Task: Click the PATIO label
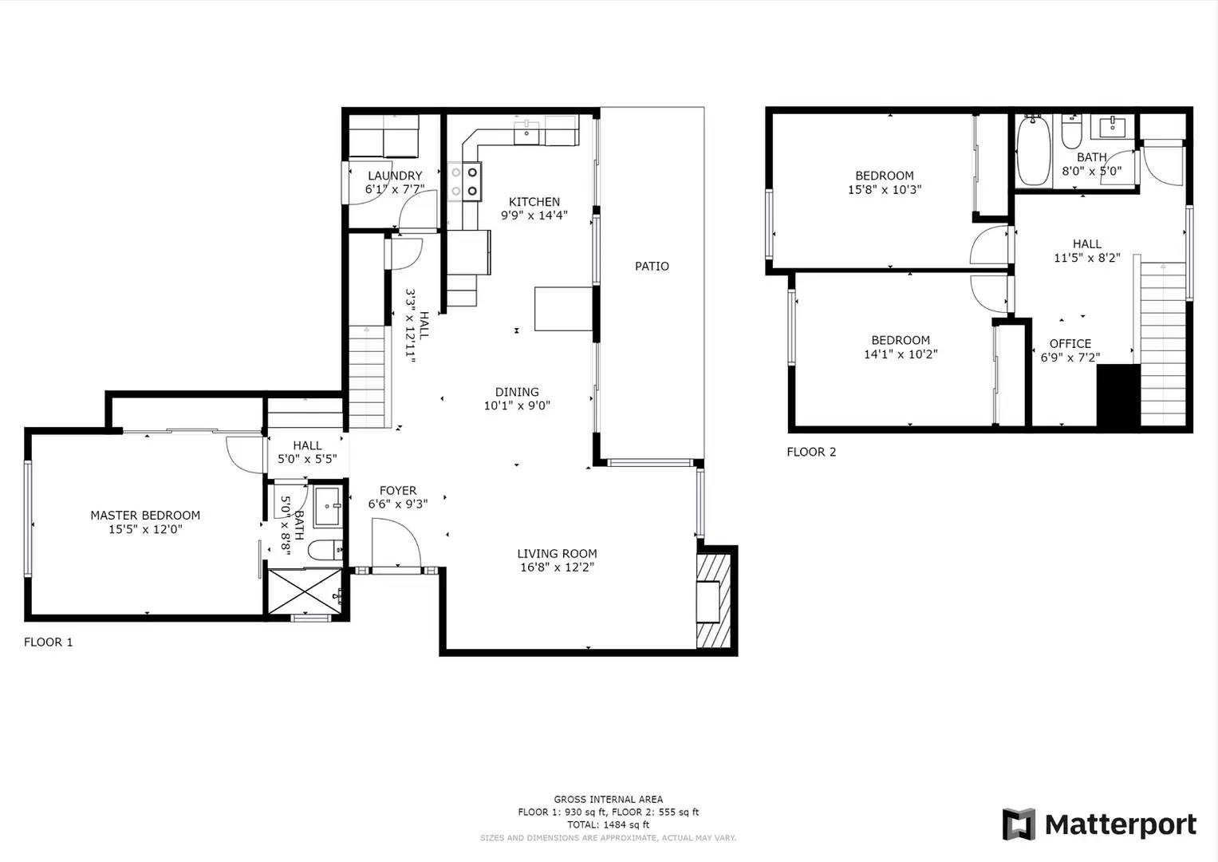pyautogui.click(x=652, y=267)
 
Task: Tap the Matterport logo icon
pyautogui.click(x=1019, y=824)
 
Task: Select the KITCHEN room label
pyautogui.click(x=534, y=202)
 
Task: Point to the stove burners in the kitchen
pyautogui.click(x=464, y=181)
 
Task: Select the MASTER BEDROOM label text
pyautogui.click(x=145, y=516)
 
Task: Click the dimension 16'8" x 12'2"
pyautogui.click(x=557, y=567)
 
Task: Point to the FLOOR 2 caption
pyautogui.click(x=811, y=452)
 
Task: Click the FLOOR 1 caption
pyautogui.click(x=49, y=642)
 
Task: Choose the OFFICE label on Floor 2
pyautogui.click(x=1070, y=344)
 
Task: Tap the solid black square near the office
pyautogui.click(x=1118, y=395)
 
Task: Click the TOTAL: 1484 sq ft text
pyautogui.click(x=608, y=824)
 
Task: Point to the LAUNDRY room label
pyautogui.click(x=395, y=176)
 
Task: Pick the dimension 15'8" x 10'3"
pyautogui.click(x=885, y=190)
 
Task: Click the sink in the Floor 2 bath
pyautogui.click(x=1112, y=127)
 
